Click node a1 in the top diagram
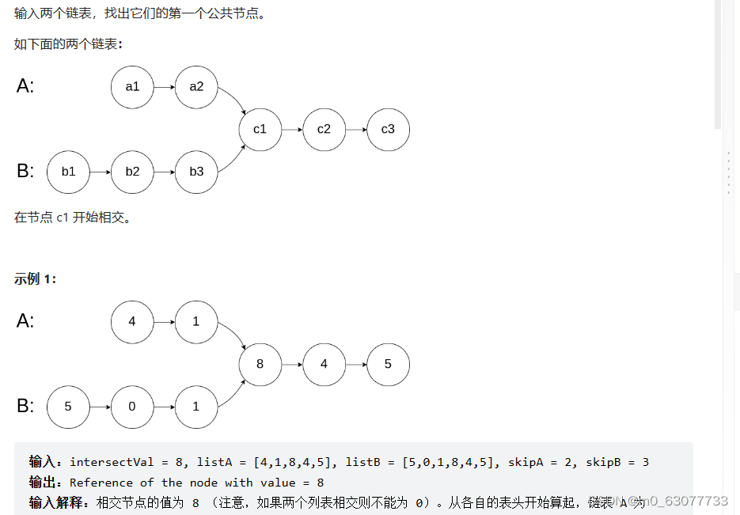132,86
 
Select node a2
196,86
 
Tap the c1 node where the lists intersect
260,129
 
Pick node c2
324,129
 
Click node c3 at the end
388,129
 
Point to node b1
68,172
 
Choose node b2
132,172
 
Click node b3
196,172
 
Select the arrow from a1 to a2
164,86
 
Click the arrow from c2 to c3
355,129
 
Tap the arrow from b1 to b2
100,172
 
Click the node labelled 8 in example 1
260,364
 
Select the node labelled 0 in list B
132,407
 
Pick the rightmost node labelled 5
388,364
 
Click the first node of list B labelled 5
68,407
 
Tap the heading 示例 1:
36,278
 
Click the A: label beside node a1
25,86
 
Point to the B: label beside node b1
25,171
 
